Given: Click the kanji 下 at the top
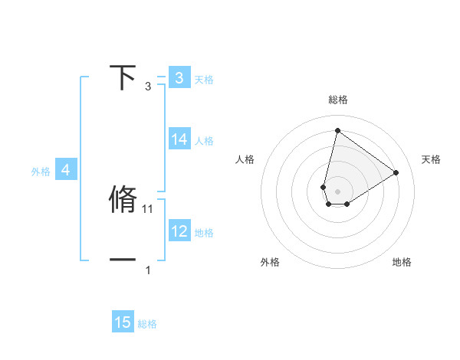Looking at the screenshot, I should [123, 77].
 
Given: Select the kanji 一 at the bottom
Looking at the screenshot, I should [123, 260].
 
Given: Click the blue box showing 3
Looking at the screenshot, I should [179, 77].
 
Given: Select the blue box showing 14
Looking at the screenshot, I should [179, 139].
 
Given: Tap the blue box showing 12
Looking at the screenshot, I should [179, 231].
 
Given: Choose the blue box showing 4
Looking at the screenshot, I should [66, 170].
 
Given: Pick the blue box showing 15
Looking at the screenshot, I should [123, 322].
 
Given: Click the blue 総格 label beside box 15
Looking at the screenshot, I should [147, 324].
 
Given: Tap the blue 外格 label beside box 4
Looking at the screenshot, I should [41, 172].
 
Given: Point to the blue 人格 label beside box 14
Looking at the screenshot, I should [204, 141].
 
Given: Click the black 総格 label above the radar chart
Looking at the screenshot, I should [338, 100].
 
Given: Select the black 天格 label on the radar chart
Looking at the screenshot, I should [431, 159].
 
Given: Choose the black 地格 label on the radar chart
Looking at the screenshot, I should [402, 262].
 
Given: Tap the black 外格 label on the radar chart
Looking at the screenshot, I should [270, 262].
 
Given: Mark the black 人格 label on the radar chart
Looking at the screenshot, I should [245, 159].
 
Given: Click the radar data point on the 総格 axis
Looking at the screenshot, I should [337, 129].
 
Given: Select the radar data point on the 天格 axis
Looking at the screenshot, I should [396, 172].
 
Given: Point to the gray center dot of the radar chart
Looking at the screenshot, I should [337, 191].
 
